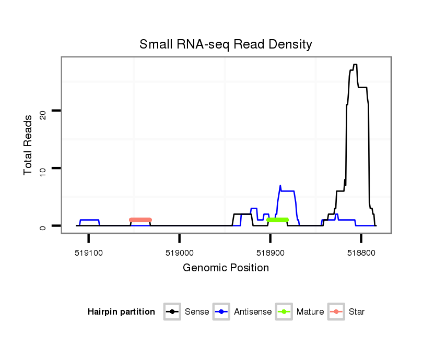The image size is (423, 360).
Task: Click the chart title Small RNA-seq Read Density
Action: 226,44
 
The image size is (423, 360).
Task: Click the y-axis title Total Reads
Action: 28,145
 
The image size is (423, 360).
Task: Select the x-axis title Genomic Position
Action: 226,268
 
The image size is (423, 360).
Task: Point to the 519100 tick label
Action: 89,252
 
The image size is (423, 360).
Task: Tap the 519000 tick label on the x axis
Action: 180,252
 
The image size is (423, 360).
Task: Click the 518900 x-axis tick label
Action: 270,252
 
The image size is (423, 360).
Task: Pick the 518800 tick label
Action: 361,252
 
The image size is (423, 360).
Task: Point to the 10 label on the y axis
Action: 43,168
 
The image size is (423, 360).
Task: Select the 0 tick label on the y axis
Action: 43,226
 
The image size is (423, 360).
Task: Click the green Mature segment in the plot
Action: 277,220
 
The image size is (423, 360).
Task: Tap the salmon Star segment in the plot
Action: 140,220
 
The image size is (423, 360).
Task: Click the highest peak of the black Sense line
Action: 355,65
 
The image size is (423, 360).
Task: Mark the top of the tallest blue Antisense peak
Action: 280,185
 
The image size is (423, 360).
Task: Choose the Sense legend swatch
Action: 172,312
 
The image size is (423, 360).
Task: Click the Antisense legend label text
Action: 253,312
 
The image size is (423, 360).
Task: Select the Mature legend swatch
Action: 284,312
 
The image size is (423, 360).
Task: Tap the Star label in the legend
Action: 357,312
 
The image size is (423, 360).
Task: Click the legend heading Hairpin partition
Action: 121,312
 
